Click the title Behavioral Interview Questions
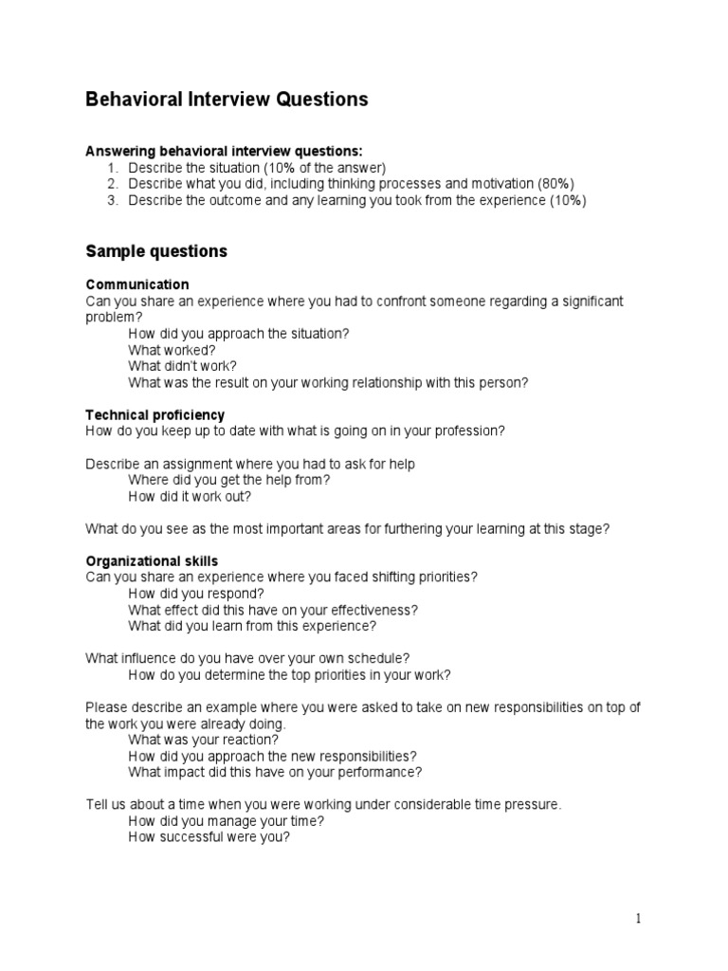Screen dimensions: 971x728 pos(227,100)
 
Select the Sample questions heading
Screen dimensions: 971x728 pos(156,251)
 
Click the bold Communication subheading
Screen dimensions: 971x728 pos(137,284)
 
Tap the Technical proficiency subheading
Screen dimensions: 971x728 pos(155,415)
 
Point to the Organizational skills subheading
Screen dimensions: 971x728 pos(152,561)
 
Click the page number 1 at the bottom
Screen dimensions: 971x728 pos(639,918)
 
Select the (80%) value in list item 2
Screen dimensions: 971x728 pos(555,183)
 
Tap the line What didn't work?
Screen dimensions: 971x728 pos(183,366)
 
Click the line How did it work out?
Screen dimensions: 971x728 pos(190,496)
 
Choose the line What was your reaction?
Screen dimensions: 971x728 pos(204,740)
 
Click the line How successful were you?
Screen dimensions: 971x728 pos(209,837)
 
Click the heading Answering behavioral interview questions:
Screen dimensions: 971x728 pos(225,151)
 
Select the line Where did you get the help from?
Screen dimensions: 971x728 pos(229,480)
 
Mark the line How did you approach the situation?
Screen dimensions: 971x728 pos(239,334)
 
